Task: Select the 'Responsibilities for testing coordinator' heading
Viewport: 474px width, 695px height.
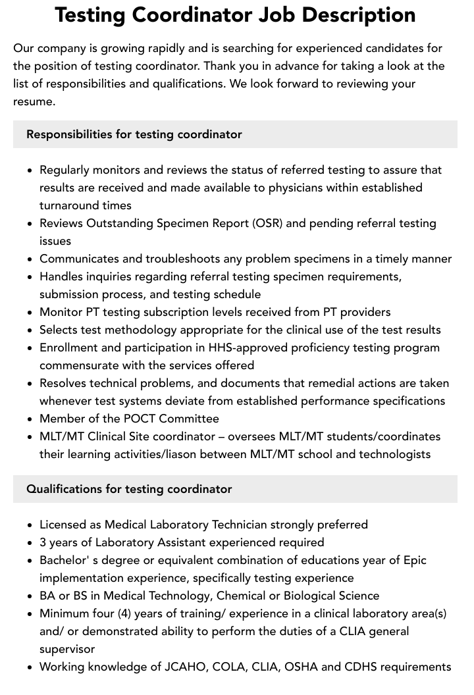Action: [134, 134]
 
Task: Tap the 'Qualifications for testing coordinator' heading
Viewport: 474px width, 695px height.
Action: [129, 489]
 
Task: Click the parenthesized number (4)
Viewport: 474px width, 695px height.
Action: [125, 613]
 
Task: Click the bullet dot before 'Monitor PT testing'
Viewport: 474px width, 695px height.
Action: [30, 313]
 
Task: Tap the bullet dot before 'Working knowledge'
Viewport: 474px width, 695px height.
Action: [30, 667]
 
